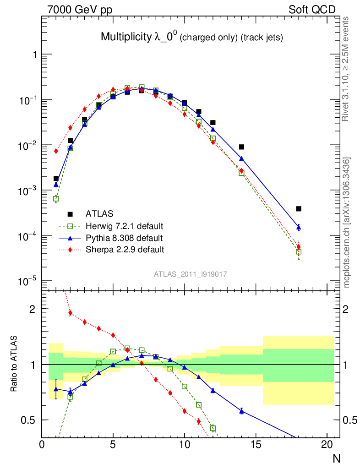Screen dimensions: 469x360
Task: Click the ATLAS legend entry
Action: click(99, 213)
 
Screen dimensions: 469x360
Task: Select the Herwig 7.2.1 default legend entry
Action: click(125, 226)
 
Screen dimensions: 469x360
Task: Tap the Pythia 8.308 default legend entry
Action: click(124, 238)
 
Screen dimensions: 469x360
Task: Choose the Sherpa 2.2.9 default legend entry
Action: click(125, 250)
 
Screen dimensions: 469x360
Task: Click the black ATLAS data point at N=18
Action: click(299, 209)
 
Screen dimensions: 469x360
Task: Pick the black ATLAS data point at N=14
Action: click(241, 147)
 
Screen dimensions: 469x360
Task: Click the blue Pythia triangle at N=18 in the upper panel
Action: click(299, 227)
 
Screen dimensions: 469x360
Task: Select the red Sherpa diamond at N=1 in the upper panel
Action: click(56, 151)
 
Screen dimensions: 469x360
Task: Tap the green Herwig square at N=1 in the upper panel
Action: click(56, 199)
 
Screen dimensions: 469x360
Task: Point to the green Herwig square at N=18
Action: click(299, 252)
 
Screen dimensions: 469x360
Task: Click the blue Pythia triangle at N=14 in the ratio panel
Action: click(241, 411)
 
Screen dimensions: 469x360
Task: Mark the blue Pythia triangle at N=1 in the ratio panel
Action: click(56, 389)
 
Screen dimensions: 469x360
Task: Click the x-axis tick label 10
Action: click(185, 444)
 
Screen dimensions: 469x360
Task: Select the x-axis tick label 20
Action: click(327, 444)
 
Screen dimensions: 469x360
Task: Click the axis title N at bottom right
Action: click(336, 458)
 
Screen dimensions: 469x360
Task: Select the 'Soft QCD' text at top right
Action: click(312, 9)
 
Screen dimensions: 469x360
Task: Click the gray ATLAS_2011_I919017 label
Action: click(191, 274)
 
